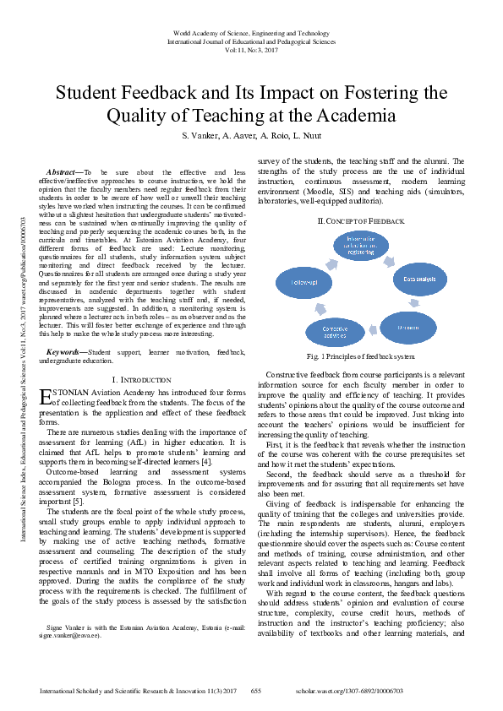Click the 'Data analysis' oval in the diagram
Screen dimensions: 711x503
tap(418, 278)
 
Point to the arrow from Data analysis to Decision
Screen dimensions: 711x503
tap(413, 301)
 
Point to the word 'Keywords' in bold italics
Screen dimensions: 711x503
tap(65, 351)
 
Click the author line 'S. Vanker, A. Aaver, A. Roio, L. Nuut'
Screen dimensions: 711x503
tap(251, 136)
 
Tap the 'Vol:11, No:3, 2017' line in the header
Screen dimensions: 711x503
tap(251, 51)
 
